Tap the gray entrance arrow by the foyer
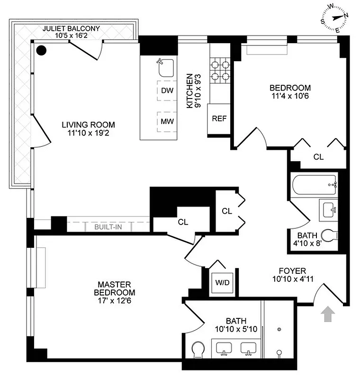326,314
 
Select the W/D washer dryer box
222,283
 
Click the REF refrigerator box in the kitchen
219,118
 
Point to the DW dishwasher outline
167,90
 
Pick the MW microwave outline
167,121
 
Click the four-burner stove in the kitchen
220,70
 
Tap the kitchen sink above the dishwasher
165,68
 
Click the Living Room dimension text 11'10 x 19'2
89,133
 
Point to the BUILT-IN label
108,227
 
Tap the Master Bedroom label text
114,288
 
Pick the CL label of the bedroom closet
318,157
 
